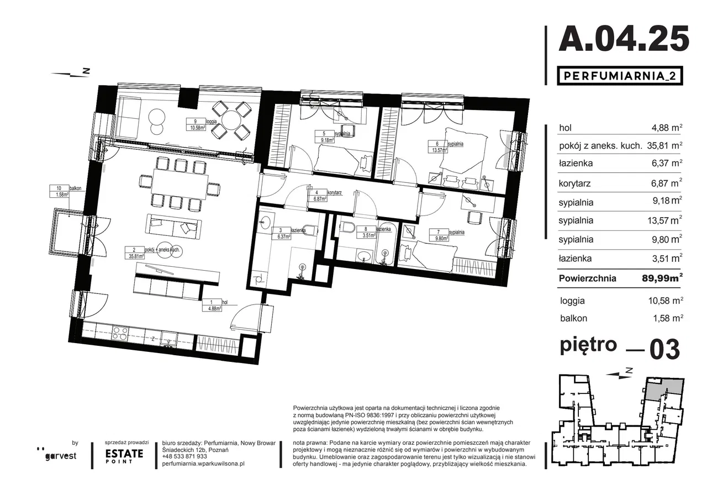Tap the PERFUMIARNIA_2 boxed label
[x=620, y=76]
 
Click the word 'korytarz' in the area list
[x=574, y=183]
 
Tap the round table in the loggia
[x=232, y=120]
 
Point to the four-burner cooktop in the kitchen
[x=120, y=333]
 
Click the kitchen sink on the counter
[x=169, y=339]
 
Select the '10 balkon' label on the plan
[x=65, y=191]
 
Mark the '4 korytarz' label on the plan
[x=324, y=196]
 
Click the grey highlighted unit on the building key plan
[x=663, y=389]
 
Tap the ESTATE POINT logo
[x=124, y=456]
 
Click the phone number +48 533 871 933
[x=184, y=456]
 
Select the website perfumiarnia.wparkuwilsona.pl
[x=203, y=464]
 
